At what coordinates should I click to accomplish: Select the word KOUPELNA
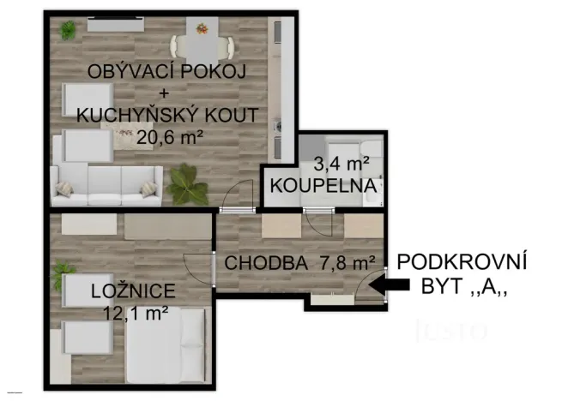[x=323, y=184]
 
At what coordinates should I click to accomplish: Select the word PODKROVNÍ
[x=462, y=261]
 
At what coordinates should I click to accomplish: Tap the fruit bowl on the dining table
[x=202, y=28]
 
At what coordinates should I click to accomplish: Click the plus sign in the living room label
[x=162, y=93]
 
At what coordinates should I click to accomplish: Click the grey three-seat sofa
[x=106, y=182]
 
